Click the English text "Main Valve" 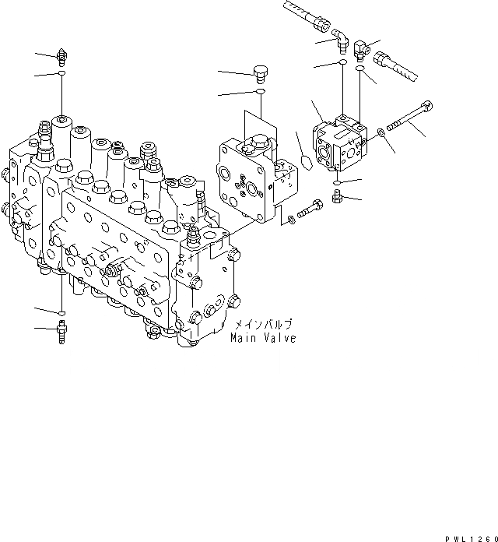click(262, 339)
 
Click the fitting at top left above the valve click(61, 55)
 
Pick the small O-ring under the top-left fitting click(61, 75)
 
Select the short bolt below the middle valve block click(311, 209)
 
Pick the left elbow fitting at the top click(342, 39)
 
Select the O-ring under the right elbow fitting click(360, 70)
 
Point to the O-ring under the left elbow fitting click(342, 62)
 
